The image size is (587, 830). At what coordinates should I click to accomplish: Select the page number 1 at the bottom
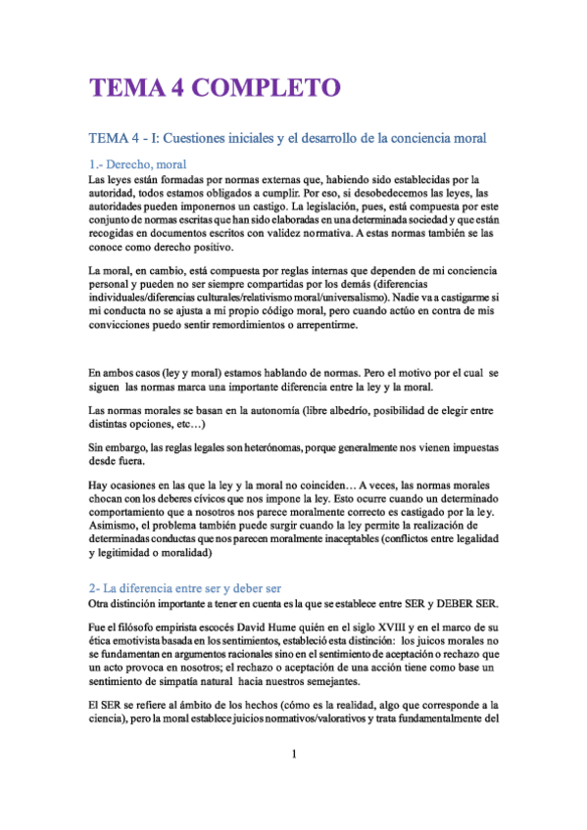tap(294, 755)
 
